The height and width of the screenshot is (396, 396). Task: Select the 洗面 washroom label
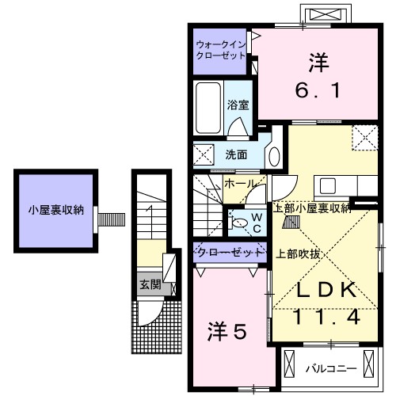tap(236, 154)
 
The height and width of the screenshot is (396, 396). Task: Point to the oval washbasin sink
tap(274, 154)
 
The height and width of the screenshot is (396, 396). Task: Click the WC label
tap(256, 222)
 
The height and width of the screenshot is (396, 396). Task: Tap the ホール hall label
tap(240, 184)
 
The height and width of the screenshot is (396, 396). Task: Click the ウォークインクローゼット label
tap(221, 51)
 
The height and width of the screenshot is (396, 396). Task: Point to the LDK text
tap(325, 291)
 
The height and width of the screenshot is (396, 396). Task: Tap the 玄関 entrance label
tap(150, 284)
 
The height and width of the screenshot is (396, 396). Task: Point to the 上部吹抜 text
tap(299, 254)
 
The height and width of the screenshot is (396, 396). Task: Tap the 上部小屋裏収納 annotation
tap(311, 208)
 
